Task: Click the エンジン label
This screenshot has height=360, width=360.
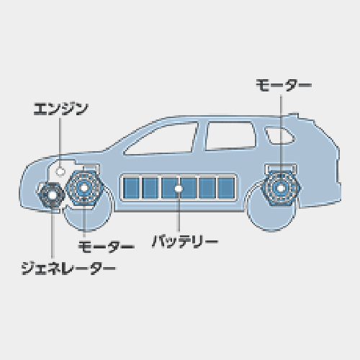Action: (61, 109)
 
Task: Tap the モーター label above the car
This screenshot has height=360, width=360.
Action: (284, 85)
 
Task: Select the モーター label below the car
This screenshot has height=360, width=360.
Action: (106, 247)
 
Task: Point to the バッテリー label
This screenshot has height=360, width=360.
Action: (185, 241)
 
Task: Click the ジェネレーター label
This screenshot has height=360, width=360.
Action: (68, 269)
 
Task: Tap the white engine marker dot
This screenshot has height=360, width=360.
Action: (60, 171)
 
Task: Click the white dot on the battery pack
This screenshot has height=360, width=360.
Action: (179, 189)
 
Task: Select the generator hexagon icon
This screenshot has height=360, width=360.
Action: (52, 195)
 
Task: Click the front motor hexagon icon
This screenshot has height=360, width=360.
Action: (84, 188)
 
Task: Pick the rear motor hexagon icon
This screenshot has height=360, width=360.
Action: (281, 188)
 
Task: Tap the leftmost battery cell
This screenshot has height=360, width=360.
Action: (131, 188)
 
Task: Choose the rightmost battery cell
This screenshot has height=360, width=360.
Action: (226, 188)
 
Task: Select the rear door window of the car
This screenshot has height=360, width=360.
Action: (230, 136)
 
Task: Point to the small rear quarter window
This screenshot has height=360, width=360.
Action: (279, 136)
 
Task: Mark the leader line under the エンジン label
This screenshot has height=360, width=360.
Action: (60, 143)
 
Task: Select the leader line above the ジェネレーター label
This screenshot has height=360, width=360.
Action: (53, 232)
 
